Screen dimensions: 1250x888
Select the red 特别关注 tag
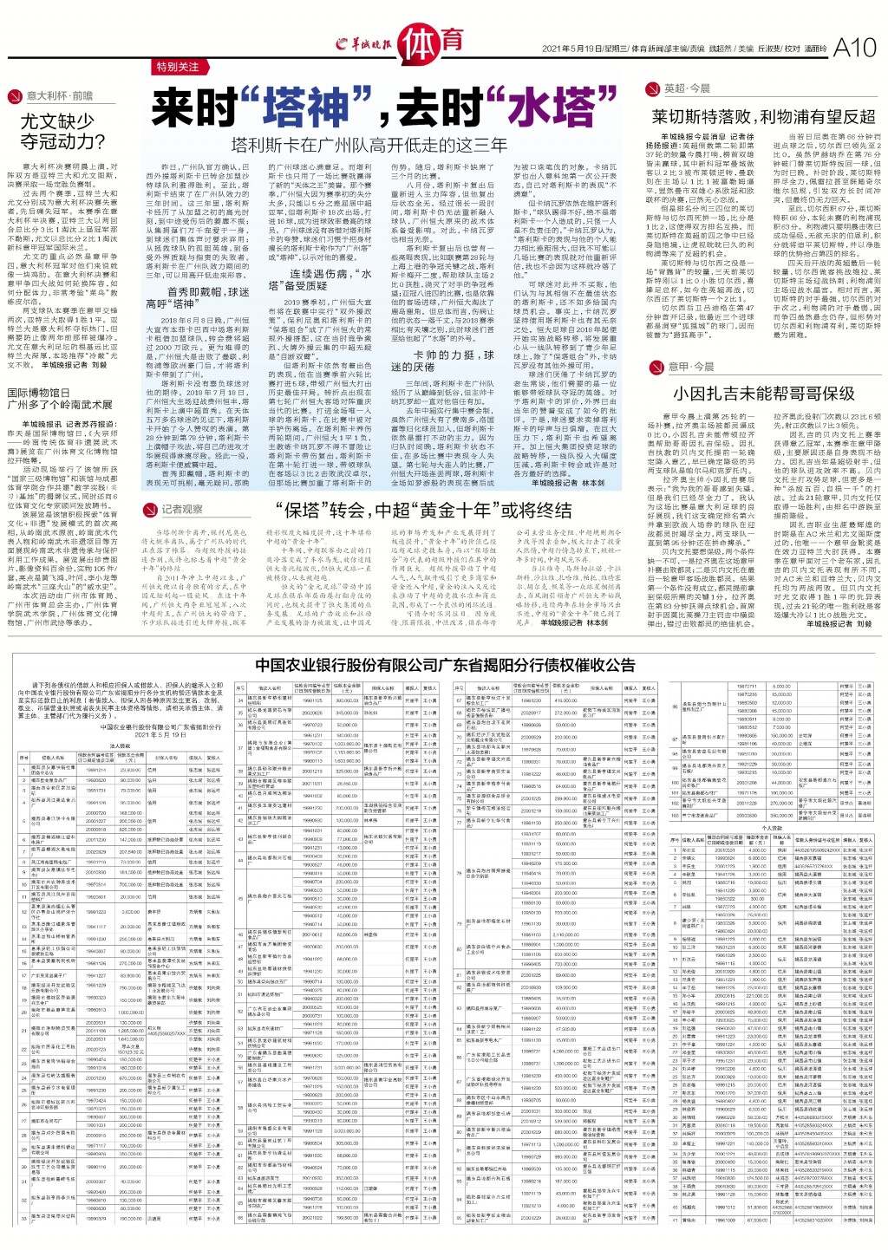coord(178,67)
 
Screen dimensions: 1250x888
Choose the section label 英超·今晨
coord(687,88)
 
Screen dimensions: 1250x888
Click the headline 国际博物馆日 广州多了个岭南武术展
coord(60,398)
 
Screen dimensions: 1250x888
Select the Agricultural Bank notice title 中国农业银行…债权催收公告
coord(444,665)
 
